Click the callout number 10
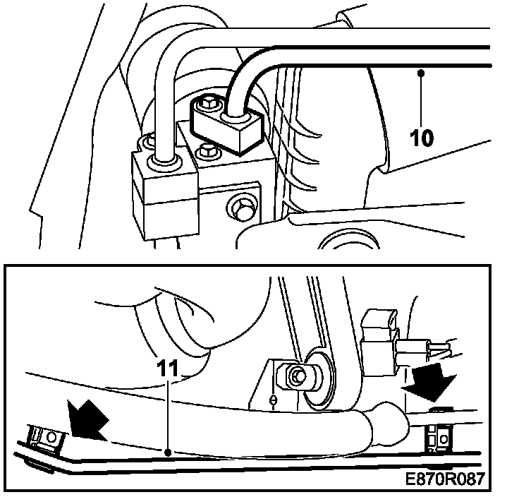[x=421, y=136]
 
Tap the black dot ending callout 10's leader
[x=421, y=71]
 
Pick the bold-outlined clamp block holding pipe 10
[x=227, y=126]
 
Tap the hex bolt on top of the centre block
[x=207, y=150]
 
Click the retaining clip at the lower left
[x=44, y=439]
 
